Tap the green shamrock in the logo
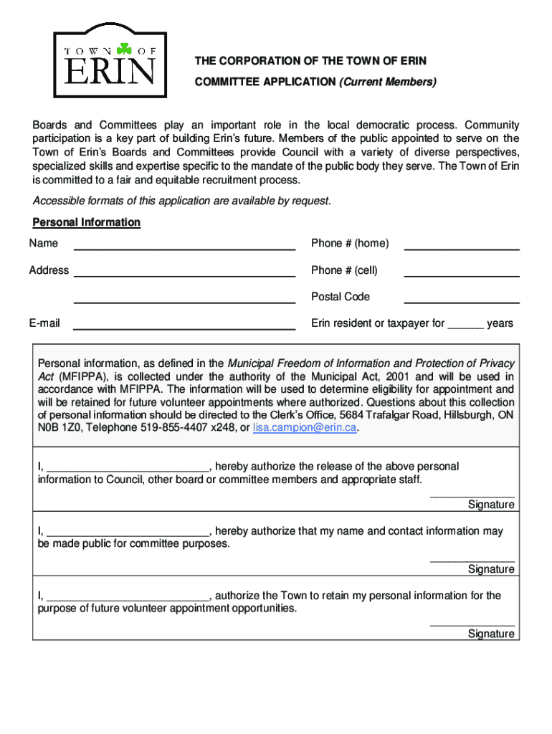(x=125, y=49)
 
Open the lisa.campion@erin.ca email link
(x=305, y=428)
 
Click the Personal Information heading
(x=86, y=222)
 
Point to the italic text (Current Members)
(x=387, y=82)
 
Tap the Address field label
(x=49, y=270)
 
